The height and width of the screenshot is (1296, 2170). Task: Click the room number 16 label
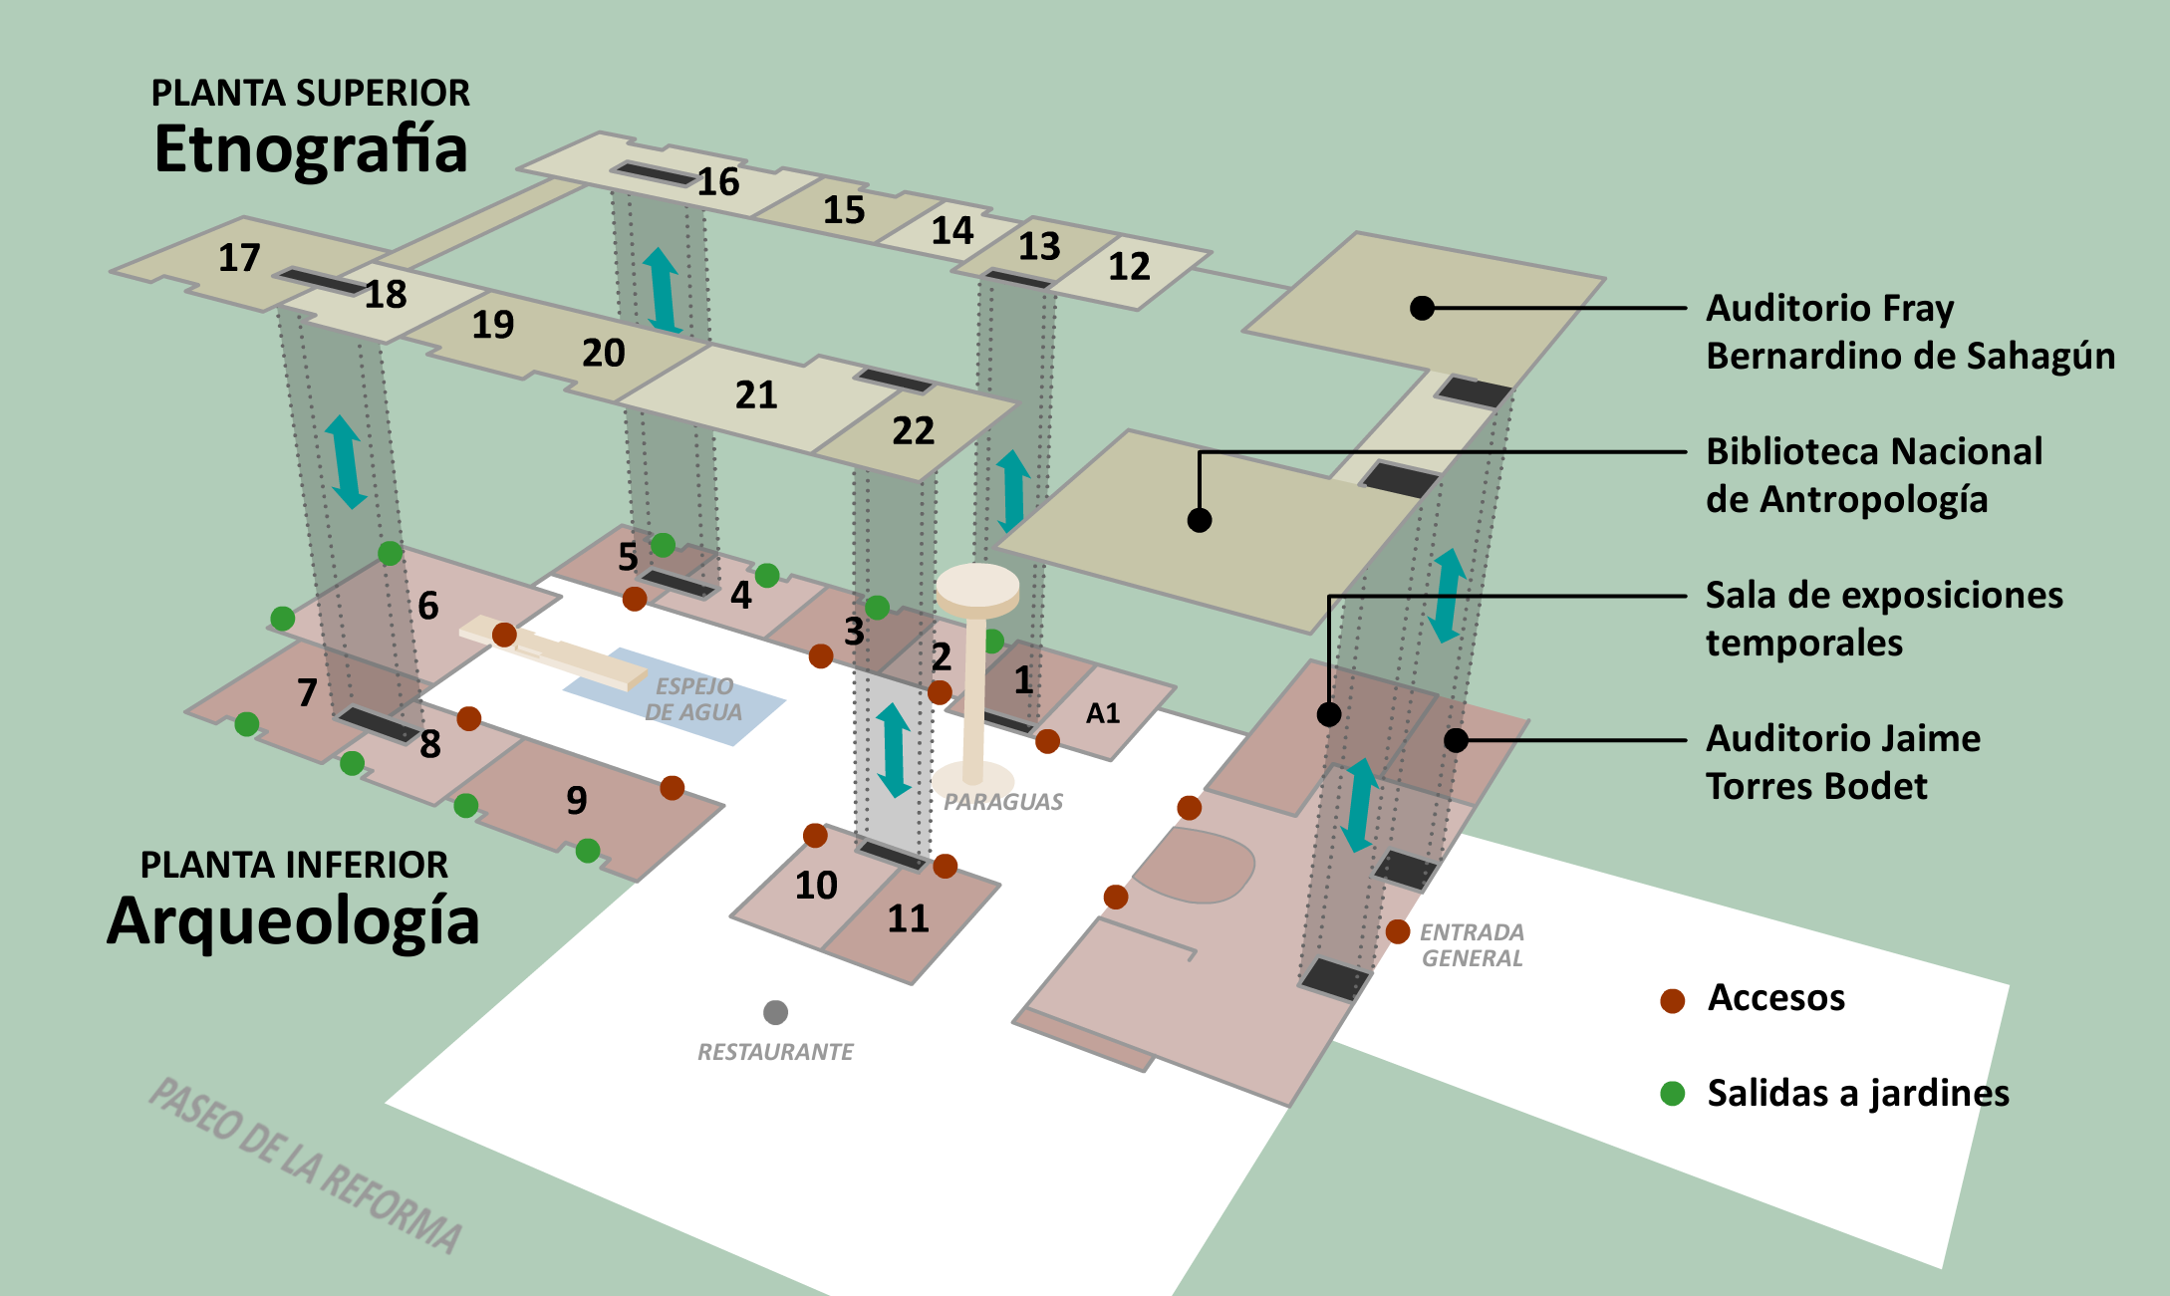(x=717, y=182)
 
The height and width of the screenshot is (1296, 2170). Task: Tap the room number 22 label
(x=913, y=431)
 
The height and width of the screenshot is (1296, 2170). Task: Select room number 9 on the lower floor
(x=577, y=800)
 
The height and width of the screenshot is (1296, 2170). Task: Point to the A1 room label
(x=1103, y=713)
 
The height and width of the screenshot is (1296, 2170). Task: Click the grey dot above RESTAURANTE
(x=775, y=1013)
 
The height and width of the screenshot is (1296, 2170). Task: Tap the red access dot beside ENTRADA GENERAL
(x=1398, y=931)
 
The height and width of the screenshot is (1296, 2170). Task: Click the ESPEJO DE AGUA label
(x=693, y=699)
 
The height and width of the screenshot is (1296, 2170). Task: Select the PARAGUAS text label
(x=1003, y=802)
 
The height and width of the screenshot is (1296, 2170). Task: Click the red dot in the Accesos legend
(x=1673, y=1000)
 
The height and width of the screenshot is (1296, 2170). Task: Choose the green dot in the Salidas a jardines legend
(x=1673, y=1094)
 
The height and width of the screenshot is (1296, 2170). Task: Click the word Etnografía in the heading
(x=311, y=149)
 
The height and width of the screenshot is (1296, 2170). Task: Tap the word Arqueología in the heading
(x=293, y=921)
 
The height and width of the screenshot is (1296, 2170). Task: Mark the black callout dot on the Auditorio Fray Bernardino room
(x=1423, y=308)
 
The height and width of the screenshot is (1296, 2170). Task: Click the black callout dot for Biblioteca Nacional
(x=1200, y=520)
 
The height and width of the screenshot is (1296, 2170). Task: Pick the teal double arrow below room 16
(x=662, y=290)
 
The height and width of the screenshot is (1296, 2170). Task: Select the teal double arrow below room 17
(x=346, y=462)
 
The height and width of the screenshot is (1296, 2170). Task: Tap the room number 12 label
(x=1129, y=266)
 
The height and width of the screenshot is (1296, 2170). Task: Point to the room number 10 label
(x=816, y=886)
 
